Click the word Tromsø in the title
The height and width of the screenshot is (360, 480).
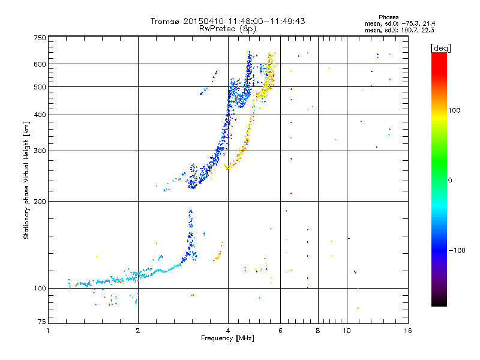(164, 21)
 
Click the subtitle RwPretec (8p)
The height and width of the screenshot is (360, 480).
(227, 29)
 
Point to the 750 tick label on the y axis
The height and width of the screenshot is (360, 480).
(40, 38)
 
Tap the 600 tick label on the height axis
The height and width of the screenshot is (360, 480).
(40, 64)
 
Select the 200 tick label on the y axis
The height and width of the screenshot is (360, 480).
(40, 202)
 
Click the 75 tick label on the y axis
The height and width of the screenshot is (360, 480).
(42, 322)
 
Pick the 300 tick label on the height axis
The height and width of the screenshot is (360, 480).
(40, 151)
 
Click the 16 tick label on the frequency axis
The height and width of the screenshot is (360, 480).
(408, 331)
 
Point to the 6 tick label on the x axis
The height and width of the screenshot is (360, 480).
(280, 331)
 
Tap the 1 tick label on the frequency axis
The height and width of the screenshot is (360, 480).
(49, 331)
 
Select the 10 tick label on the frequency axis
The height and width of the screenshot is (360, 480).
(347, 331)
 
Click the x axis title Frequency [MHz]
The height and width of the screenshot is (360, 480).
(227, 338)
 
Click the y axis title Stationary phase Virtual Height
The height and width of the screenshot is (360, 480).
(26, 180)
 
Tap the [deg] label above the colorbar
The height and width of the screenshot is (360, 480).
(440, 49)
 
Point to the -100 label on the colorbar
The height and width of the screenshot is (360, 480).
(457, 250)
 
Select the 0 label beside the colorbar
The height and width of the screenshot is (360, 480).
(450, 181)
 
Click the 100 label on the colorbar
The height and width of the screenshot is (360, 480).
(454, 110)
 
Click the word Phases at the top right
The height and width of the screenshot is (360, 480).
(388, 17)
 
